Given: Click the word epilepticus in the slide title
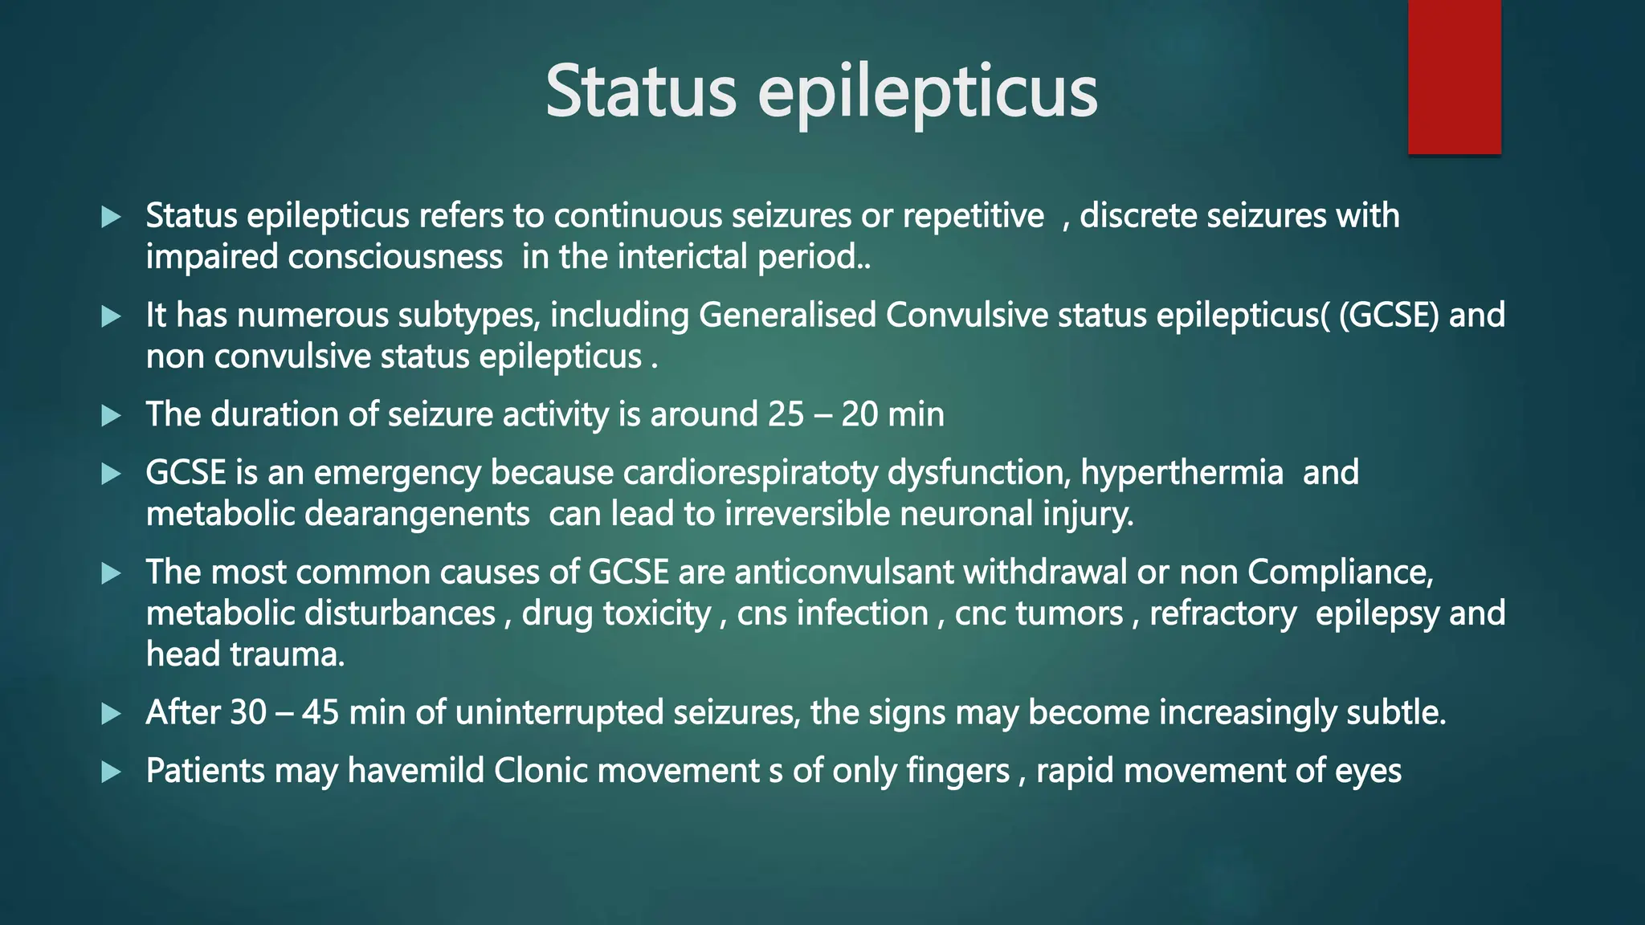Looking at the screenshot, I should [928, 94].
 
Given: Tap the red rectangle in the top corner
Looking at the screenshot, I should [1454, 76].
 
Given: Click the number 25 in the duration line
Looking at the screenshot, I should [786, 414].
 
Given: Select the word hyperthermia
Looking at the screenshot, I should [1182, 473].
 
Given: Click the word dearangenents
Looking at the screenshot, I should [417, 514].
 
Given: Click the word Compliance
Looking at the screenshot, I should [1340, 572].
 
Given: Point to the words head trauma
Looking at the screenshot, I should [245, 654].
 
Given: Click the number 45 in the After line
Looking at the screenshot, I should [320, 712].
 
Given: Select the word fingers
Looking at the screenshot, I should [957, 771].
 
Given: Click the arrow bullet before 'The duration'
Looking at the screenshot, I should [112, 416].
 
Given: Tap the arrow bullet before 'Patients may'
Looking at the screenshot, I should [112, 772].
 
